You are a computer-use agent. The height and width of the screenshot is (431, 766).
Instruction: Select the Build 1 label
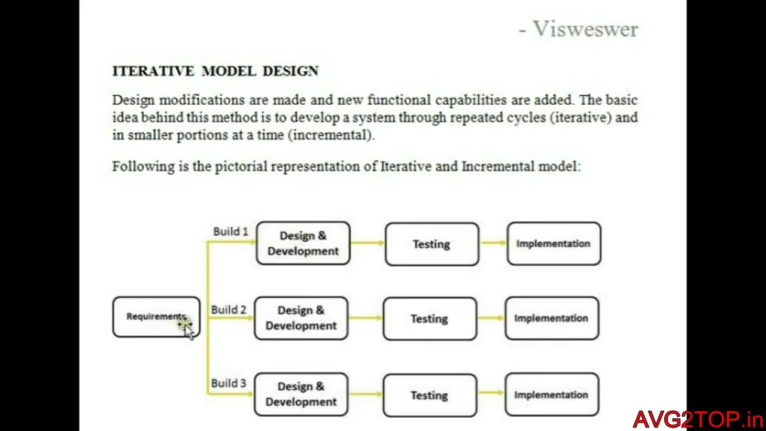[x=230, y=232]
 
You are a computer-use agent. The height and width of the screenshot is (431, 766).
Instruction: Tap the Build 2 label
[x=229, y=310]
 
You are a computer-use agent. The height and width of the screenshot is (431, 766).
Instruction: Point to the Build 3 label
[x=229, y=384]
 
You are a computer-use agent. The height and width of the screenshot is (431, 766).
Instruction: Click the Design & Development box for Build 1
[x=303, y=244]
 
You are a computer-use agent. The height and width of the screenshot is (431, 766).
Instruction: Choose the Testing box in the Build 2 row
[x=430, y=318]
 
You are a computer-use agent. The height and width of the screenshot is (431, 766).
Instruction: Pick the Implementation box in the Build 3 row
[x=551, y=394]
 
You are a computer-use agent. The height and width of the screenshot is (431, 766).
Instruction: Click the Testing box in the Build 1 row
[x=431, y=244]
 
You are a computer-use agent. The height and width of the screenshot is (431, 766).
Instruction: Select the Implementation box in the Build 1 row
[x=554, y=244]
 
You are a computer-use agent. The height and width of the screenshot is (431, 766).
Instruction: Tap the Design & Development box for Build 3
[x=301, y=394]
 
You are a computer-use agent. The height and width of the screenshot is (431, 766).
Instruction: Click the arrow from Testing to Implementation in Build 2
[x=491, y=318]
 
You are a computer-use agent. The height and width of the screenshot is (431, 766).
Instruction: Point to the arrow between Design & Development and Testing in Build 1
[x=367, y=242]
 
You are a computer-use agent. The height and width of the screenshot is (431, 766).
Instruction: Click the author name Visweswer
[x=585, y=29]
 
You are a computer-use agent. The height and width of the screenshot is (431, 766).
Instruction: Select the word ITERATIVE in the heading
[x=153, y=71]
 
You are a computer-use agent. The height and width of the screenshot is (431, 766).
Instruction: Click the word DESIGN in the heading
[x=290, y=71]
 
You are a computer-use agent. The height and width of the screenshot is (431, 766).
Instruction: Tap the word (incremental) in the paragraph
[x=331, y=135]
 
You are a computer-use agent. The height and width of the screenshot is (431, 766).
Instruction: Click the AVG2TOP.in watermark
[x=698, y=419]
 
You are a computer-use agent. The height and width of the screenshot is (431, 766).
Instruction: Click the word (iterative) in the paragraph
[x=580, y=117]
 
